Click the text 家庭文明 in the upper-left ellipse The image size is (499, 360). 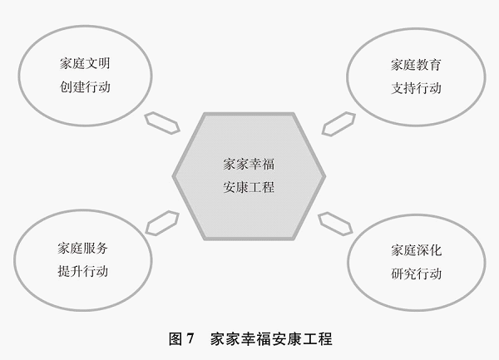(x=85, y=63)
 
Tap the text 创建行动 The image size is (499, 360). (x=85, y=86)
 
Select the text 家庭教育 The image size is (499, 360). (x=416, y=65)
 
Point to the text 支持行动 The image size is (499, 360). (x=416, y=88)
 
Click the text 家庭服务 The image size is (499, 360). (x=82, y=248)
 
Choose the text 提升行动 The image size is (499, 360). (x=82, y=271)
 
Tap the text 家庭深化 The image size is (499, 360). (x=417, y=250)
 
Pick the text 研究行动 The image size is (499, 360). (x=417, y=274)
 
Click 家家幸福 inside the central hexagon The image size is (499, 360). (x=249, y=164)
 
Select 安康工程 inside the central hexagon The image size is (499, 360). (x=249, y=187)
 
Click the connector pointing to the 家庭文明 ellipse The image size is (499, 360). (x=162, y=123)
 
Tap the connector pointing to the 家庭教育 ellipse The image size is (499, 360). (x=338, y=124)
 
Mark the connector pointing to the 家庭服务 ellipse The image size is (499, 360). (x=162, y=223)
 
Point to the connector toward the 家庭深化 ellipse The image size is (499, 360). (x=335, y=224)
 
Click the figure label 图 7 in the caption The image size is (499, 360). (x=181, y=338)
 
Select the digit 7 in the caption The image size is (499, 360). (x=190, y=338)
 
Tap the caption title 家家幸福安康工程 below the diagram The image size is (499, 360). (x=271, y=339)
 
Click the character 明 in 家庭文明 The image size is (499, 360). (x=104, y=63)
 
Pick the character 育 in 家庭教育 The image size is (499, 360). (x=435, y=65)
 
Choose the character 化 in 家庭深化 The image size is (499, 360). (x=435, y=250)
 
